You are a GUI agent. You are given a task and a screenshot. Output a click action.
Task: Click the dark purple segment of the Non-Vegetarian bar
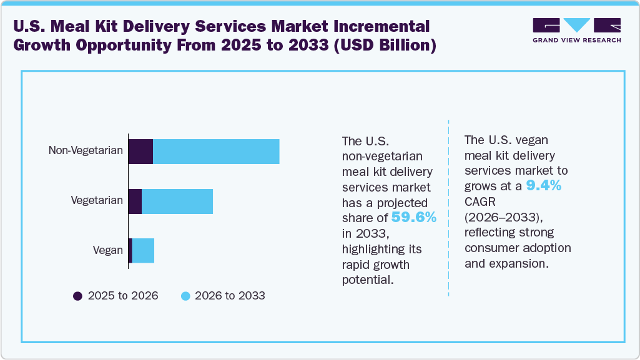click(x=140, y=152)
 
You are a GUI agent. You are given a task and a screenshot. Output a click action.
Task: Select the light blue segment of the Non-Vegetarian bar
click(x=216, y=152)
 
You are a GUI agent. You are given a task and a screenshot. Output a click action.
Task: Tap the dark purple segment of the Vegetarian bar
click(x=135, y=201)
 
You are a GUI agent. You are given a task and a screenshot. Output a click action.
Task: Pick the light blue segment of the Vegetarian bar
click(x=177, y=201)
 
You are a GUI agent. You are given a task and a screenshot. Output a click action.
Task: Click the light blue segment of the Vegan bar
click(x=143, y=250)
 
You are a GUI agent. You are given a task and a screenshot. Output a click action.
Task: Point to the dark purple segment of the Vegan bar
click(x=130, y=250)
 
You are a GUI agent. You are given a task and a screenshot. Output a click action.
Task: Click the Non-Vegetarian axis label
click(x=86, y=151)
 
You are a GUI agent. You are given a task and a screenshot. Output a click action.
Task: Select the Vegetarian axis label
click(x=97, y=201)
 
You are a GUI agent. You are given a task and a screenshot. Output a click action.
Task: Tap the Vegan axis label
click(x=108, y=250)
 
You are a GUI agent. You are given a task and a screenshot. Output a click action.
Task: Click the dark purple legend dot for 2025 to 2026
click(x=78, y=296)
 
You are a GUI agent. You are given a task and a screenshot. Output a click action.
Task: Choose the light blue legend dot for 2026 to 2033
click(x=185, y=296)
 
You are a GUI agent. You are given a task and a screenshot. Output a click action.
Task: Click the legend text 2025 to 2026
click(x=123, y=296)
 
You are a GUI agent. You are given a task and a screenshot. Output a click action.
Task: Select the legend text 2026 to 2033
click(x=230, y=296)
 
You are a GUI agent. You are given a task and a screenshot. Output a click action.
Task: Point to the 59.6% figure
click(x=414, y=217)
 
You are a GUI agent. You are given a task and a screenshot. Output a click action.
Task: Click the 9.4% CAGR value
click(x=543, y=185)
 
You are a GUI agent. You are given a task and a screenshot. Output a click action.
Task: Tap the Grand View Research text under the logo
click(x=576, y=41)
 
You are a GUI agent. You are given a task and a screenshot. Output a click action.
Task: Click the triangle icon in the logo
click(x=577, y=25)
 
